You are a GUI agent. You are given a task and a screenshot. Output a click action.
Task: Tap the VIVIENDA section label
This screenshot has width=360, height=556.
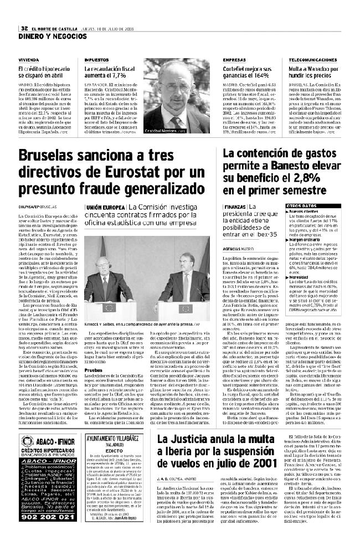[x=28, y=60]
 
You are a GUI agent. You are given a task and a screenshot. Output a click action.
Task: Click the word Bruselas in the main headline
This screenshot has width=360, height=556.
[x=52, y=157]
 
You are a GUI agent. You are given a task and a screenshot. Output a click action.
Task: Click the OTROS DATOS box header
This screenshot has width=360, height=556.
[x=302, y=205]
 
